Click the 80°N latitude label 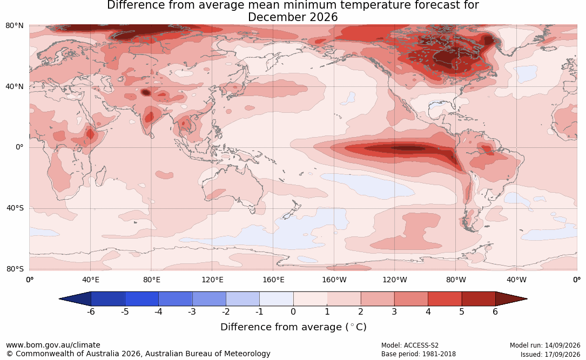[x=14, y=25]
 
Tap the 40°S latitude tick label [x=15, y=208]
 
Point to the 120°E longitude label [x=212, y=280]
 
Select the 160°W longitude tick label [x=334, y=280]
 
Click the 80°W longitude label [x=456, y=280]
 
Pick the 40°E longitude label [x=90, y=280]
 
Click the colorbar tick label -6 [x=91, y=311]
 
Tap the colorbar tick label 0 [x=293, y=311]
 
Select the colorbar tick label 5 [x=462, y=311]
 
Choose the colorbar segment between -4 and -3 [x=176, y=299]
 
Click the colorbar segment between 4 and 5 [x=444, y=299]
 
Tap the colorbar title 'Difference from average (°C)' [x=293, y=327]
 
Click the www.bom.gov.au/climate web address [x=53, y=345]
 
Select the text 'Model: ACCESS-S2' [x=410, y=345]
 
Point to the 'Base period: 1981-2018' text [x=419, y=354]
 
